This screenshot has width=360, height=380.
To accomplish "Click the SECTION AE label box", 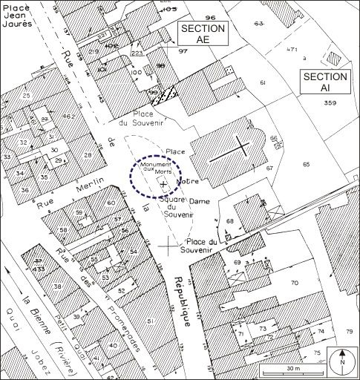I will pos(202,34).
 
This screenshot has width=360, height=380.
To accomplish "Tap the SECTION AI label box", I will pos(324,82).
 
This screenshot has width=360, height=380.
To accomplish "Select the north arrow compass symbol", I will pos(343,360).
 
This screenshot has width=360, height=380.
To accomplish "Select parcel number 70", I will pos(293,283).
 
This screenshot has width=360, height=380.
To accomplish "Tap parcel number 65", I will pos(306,162).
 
